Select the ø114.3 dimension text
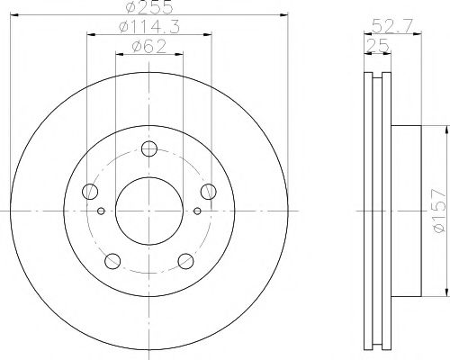[149, 28]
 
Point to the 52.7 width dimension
[385, 25]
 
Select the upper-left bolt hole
[90, 191]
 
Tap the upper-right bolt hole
[209, 191]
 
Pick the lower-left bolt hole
[112, 261]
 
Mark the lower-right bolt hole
[185, 261]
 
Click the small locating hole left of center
[101, 212]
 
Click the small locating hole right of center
[198, 212]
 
